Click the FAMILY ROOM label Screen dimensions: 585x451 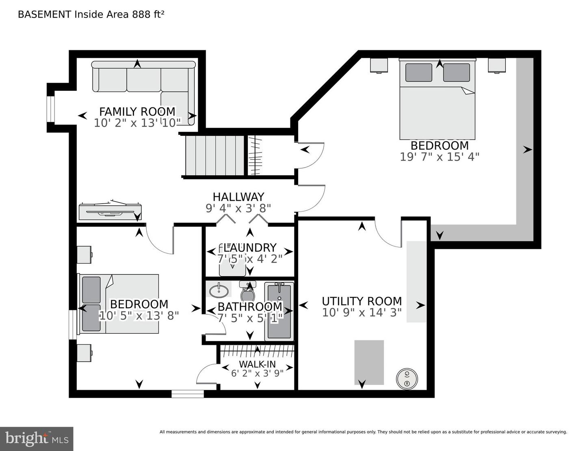(137, 111)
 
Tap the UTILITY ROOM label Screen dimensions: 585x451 (362, 301)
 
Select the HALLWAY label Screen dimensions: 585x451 (238, 197)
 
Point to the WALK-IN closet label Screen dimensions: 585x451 (258, 364)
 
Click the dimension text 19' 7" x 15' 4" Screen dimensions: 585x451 (439, 157)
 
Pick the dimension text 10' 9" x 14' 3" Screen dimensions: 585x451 (362, 312)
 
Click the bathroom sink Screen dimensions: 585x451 (219, 291)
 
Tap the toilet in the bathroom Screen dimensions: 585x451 (248, 292)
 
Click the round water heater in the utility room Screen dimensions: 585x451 (407, 379)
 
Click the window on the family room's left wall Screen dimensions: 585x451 (50, 109)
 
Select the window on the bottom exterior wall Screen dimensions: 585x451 (188, 394)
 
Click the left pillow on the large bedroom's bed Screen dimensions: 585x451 (418, 72)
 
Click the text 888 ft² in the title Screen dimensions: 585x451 (148, 14)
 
